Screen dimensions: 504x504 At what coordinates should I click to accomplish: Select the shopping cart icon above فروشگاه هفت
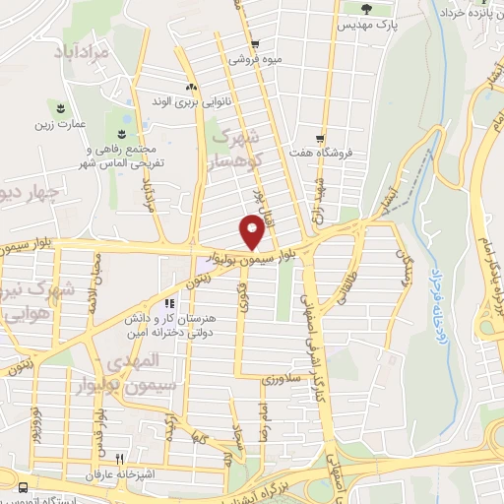(x=320, y=138)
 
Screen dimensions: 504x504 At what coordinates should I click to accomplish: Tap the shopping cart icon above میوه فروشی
(x=255, y=44)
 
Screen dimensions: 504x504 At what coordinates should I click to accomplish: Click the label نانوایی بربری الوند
(x=190, y=101)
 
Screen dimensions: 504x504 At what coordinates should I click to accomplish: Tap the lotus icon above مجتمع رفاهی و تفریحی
(x=122, y=133)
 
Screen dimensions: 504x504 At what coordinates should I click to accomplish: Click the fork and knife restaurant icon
(x=120, y=458)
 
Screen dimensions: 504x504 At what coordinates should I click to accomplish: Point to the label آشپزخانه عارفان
(x=123, y=473)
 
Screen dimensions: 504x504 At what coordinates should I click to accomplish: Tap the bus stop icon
(x=23, y=486)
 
